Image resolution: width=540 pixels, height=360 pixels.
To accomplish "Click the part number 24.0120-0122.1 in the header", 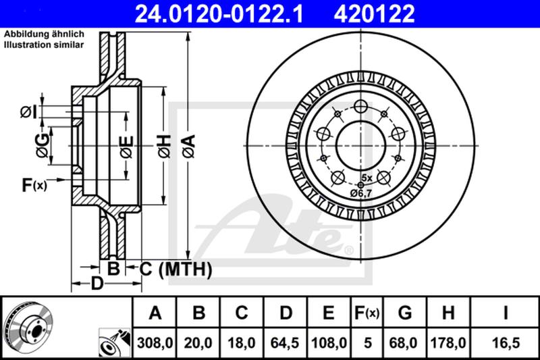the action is pos(219,14).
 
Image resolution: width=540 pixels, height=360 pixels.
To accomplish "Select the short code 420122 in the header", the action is pos(375,14).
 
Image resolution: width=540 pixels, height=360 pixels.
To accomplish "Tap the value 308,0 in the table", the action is pos(155,343).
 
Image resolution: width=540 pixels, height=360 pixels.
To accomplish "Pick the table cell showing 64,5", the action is pos(285,343).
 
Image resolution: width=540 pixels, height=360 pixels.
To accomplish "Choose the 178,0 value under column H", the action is pos(448,343).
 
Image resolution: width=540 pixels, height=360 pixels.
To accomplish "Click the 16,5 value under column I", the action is pos(506,343).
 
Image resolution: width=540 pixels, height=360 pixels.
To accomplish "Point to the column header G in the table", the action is pos(404,313).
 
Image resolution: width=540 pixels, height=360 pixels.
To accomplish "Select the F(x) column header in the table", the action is pos(367,313).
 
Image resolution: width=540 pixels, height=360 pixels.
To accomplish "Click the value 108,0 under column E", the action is pos(329,343).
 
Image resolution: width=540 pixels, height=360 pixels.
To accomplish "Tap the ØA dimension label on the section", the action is pos(189,146).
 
